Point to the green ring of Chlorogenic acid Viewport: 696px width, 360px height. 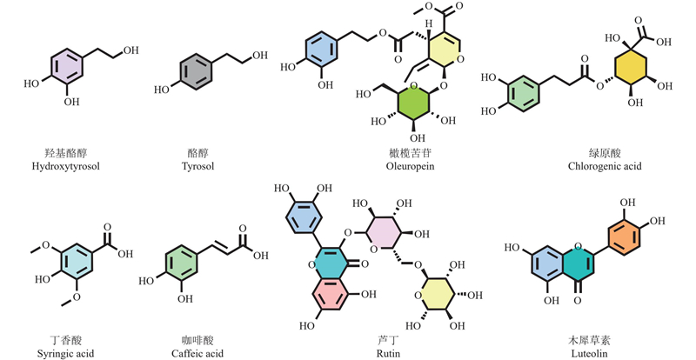[525, 95]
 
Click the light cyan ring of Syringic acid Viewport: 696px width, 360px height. [76, 263]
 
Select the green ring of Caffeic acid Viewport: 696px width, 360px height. [181, 266]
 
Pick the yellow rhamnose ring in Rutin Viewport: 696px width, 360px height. [435, 296]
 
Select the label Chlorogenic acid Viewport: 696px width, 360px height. [605, 166]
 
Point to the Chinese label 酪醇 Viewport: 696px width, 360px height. [197, 154]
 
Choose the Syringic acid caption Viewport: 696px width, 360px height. [66, 354]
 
